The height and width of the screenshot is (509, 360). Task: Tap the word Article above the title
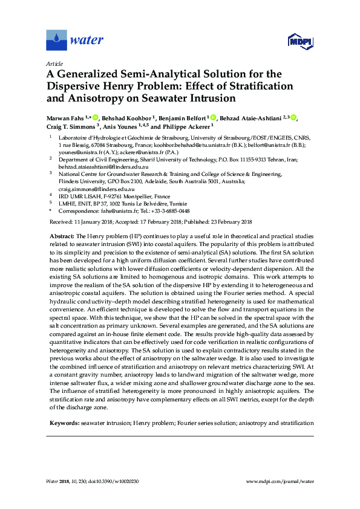click(x=54, y=63)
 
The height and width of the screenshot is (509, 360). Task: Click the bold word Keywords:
click(x=64, y=424)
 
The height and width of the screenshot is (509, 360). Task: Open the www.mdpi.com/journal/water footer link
click(x=281, y=481)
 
